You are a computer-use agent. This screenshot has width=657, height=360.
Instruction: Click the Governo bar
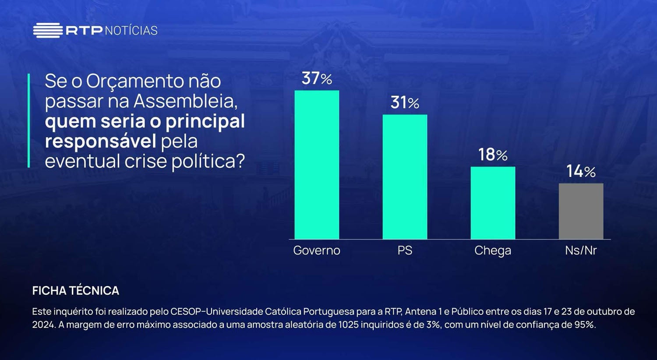(x=317, y=165)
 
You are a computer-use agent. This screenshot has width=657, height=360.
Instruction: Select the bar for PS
(x=405, y=177)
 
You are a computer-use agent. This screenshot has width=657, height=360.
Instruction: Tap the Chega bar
(x=493, y=203)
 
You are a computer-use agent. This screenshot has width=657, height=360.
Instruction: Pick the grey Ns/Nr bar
(x=581, y=211)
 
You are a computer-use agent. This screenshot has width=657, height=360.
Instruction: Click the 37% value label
(x=317, y=78)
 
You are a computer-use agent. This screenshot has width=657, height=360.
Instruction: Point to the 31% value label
(x=405, y=102)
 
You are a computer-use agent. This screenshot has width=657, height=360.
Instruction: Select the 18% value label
(x=493, y=155)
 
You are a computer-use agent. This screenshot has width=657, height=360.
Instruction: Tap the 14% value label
(x=581, y=171)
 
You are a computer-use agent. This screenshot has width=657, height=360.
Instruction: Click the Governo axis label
(x=317, y=251)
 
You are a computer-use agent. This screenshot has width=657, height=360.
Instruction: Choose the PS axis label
(x=405, y=251)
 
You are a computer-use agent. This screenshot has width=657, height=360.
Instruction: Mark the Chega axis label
(x=493, y=251)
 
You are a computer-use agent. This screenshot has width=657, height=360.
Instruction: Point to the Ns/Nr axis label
(x=581, y=251)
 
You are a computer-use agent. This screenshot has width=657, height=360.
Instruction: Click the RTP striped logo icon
(x=48, y=30)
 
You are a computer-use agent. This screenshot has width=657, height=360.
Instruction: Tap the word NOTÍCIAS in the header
(x=131, y=31)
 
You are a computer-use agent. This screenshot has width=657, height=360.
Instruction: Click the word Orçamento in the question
(x=135, y=81)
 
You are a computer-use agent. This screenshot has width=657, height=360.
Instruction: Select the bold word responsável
(x=100, y=141)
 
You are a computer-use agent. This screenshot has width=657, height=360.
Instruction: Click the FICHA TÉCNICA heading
(x=75, y=291)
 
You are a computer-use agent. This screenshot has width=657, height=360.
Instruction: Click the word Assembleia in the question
(x=185, y=101)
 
